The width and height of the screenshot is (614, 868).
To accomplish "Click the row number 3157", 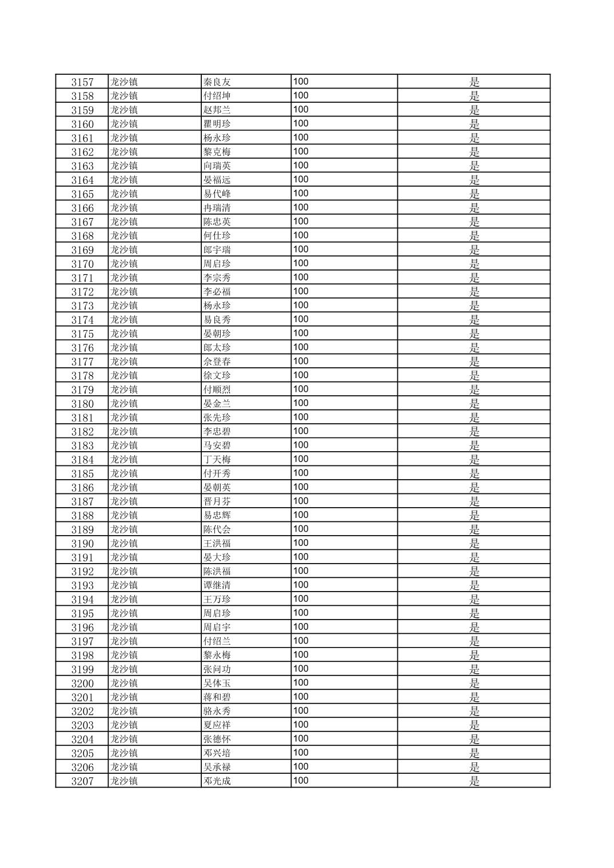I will coord(82,82).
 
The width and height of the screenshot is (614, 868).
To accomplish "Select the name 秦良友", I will coord(217,82).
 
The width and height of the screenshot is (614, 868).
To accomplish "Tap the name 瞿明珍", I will coord(217,124).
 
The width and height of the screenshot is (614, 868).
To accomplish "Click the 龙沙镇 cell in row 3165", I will coord(124,194).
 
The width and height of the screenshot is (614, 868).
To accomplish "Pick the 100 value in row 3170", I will coord(301,263).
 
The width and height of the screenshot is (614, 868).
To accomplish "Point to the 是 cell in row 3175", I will coord(474,333).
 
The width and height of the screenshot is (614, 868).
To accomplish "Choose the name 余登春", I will coord(217,361).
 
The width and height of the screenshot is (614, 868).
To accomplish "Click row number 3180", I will coord(82,404).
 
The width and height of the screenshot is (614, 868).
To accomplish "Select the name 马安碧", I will coord(217,445).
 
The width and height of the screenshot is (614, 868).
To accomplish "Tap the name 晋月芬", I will coord(217,501).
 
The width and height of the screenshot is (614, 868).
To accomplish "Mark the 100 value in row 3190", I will coord(301,543).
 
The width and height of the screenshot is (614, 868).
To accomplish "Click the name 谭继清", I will coord(217,585).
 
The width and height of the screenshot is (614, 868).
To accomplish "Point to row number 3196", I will coord(82,628).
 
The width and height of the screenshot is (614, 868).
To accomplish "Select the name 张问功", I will coord(217,669).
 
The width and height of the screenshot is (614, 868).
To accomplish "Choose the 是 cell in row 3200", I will coord(474,684).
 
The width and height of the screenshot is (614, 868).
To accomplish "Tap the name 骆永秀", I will coord(217,712).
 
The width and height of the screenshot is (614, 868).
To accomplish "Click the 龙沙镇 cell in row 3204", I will coord(124,739).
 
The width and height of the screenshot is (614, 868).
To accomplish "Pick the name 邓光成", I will coord(217,781).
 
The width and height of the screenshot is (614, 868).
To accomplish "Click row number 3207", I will coord(82,781).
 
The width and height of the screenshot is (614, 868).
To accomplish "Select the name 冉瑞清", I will coord(217,208).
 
